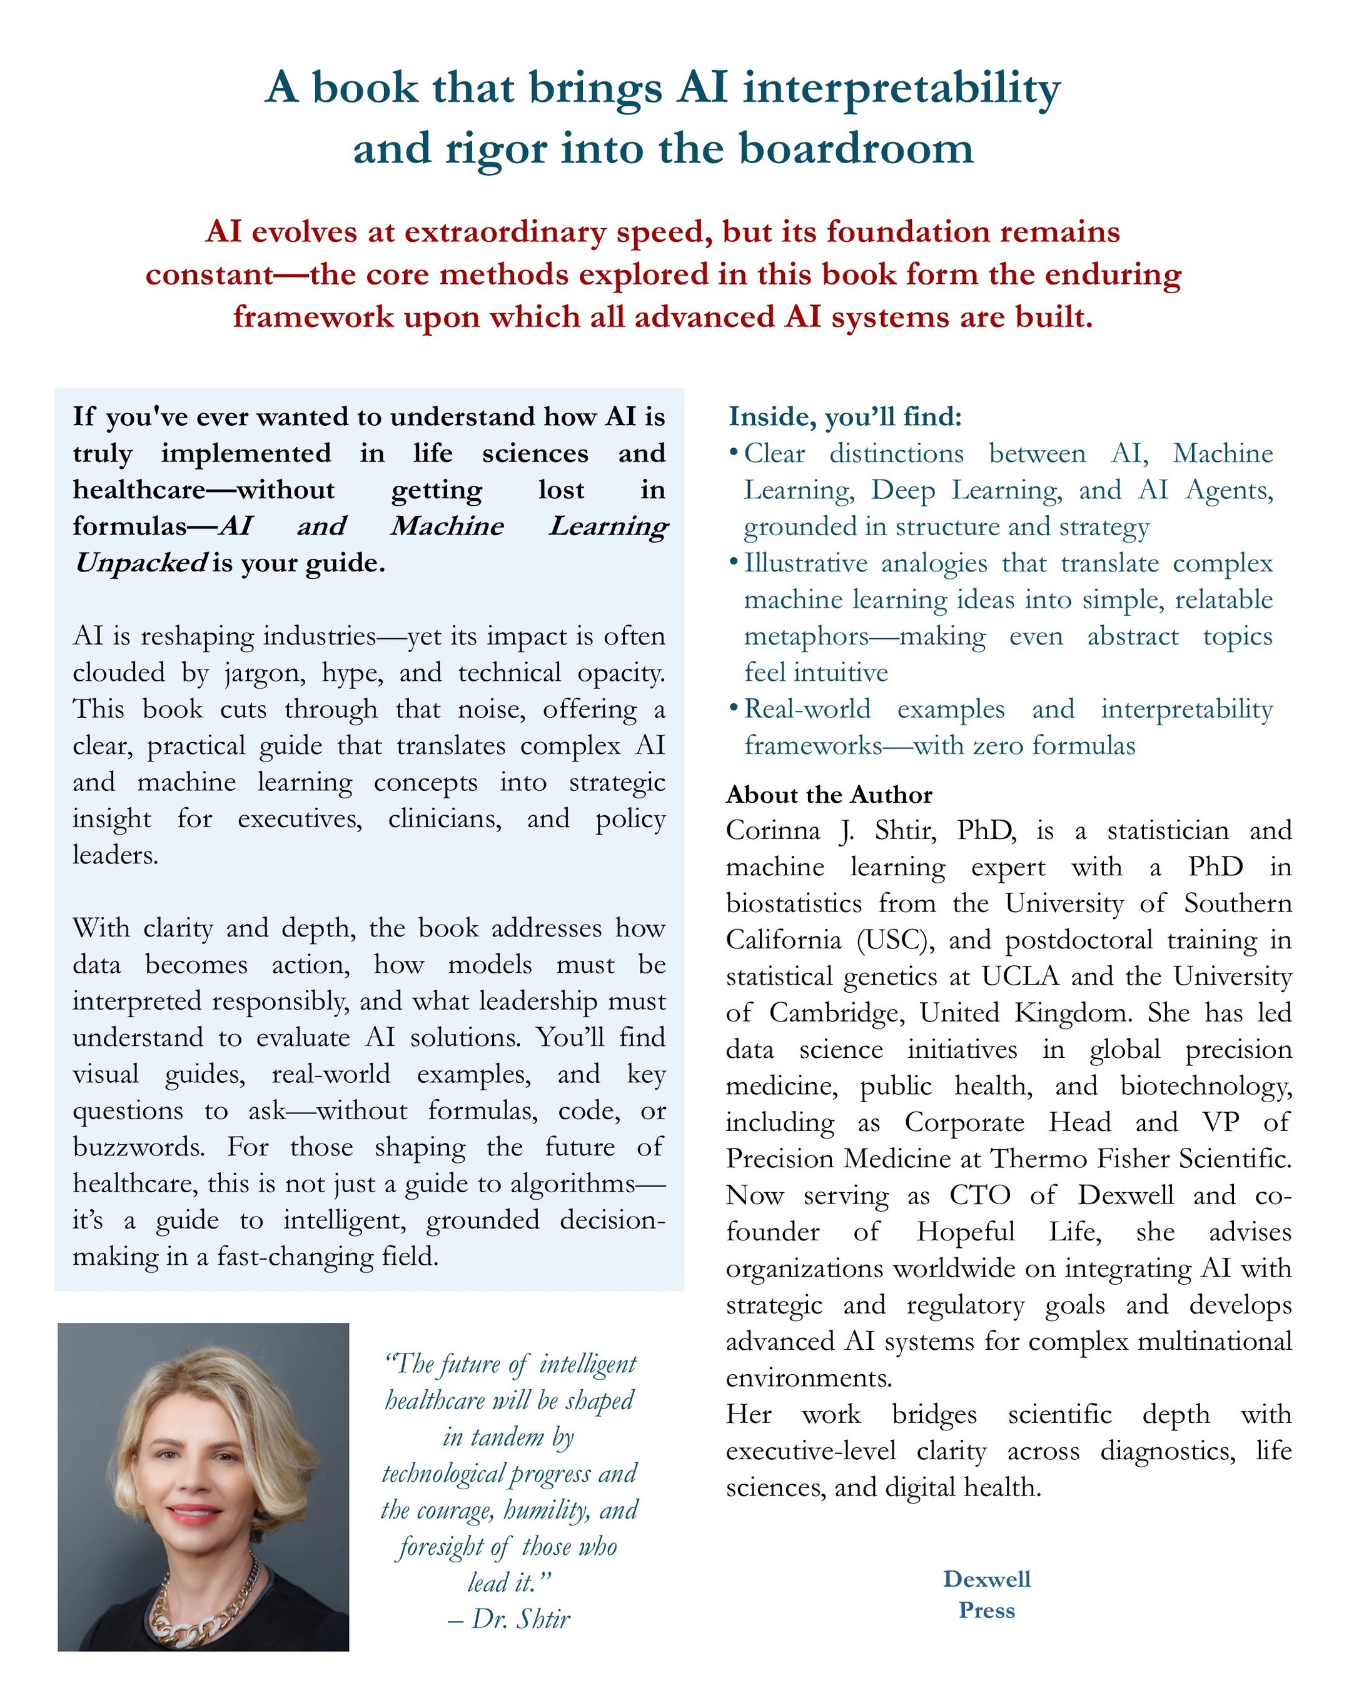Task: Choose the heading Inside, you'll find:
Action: click(x=844, y=416)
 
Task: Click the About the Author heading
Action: click(x=829, y=795)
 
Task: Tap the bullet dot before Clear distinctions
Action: click(x=734, y=453)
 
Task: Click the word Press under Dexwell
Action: click(x=986, y=1610)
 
